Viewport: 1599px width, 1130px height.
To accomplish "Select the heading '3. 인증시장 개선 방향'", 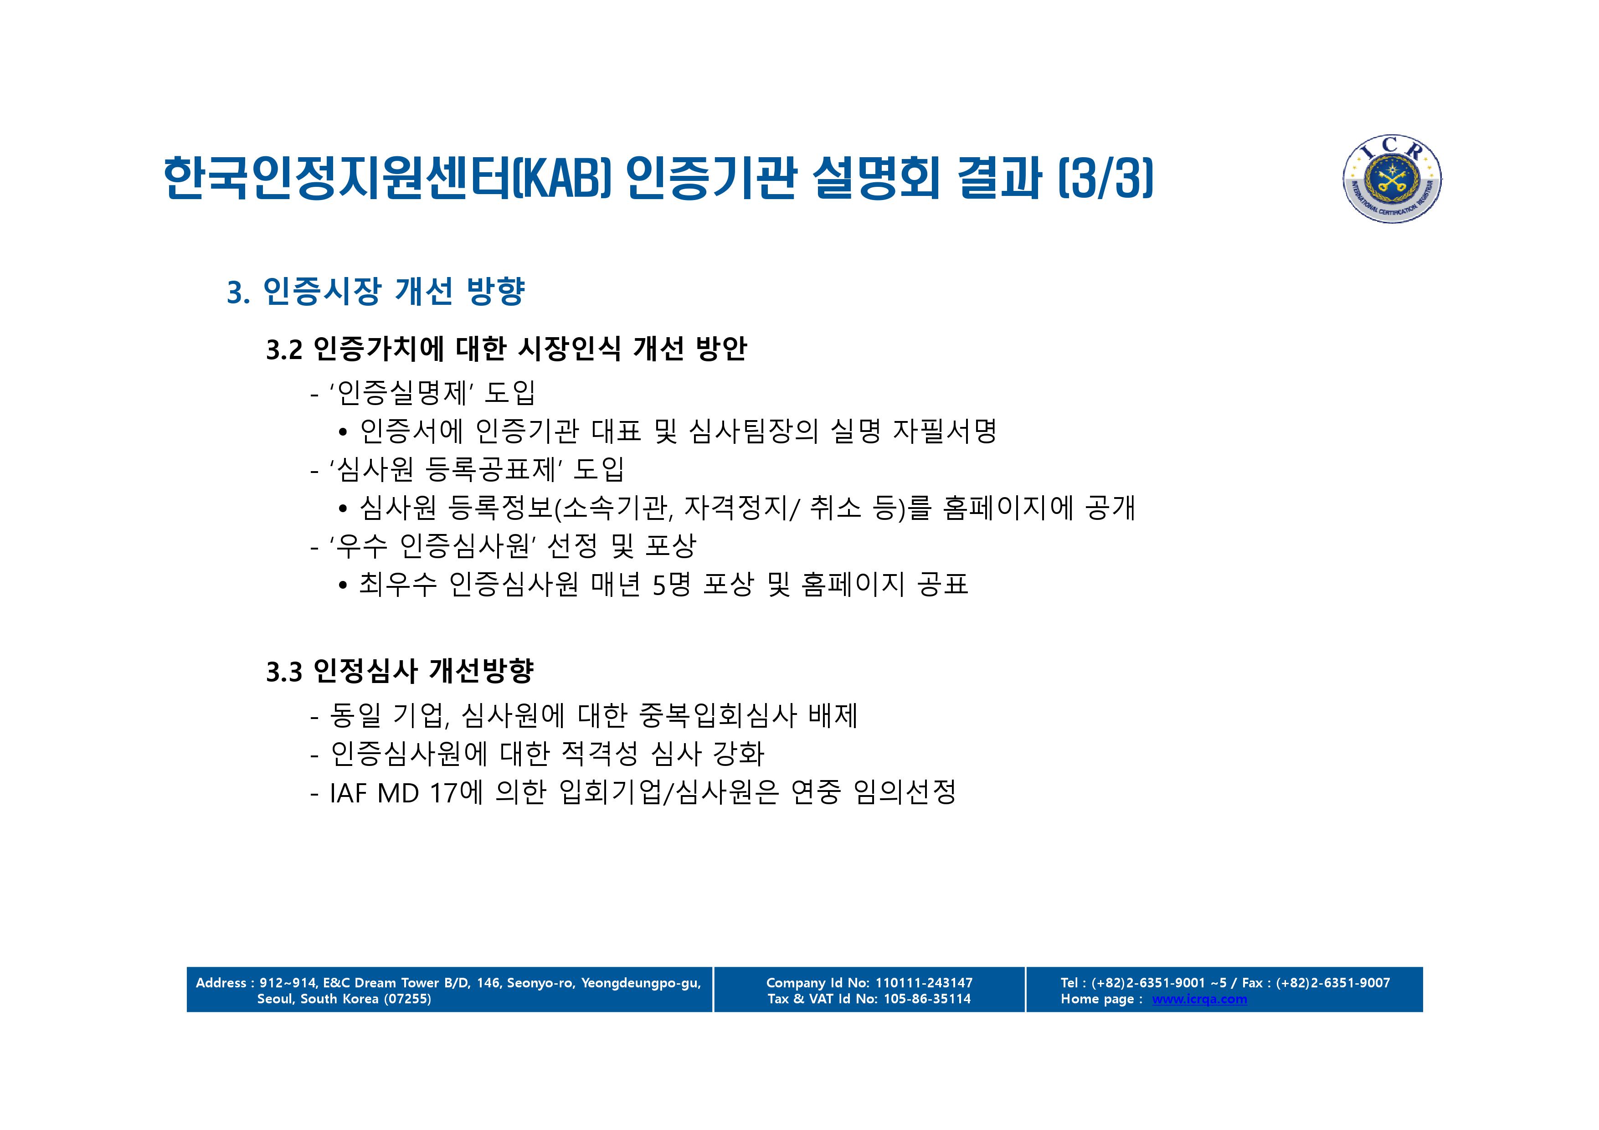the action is (376, 291).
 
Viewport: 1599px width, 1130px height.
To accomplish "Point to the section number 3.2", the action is (284, 349).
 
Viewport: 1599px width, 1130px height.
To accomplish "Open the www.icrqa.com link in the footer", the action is (1199, 999).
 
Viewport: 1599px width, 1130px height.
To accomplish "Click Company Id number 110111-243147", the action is (924, 983).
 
